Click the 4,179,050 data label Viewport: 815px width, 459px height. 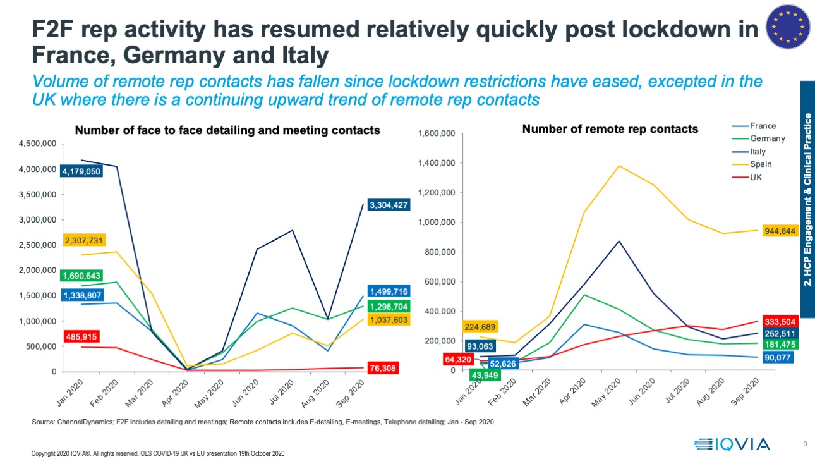click(x=81, y=171)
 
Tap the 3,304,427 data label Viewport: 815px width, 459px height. click(x=388, y=204)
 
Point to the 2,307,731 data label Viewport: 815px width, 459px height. click(x=84, y=241)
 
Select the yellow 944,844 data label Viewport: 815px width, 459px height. click(x=782, y=231)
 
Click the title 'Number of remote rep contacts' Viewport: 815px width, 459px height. click(x=610, y=129)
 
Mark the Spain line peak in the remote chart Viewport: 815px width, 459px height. click(x=619, y=166)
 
